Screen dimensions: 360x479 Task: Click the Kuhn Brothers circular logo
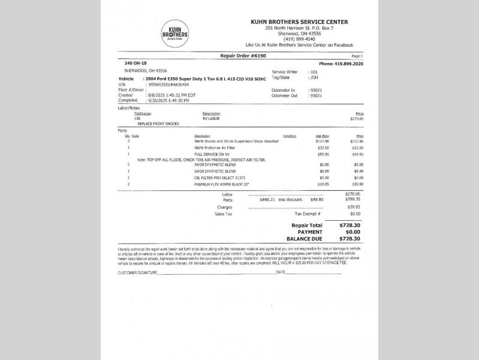pyautogui.click(x=174, y=34)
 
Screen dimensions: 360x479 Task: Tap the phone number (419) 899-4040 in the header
pyautogui.click(x=299, y=39)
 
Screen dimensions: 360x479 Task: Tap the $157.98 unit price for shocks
pyautogui.click(x=322, y=141)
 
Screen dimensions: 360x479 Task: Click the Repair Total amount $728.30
pyautogui.click(x=350, y=225)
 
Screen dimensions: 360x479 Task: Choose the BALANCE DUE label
pyautogui.click(x=306, y=238)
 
